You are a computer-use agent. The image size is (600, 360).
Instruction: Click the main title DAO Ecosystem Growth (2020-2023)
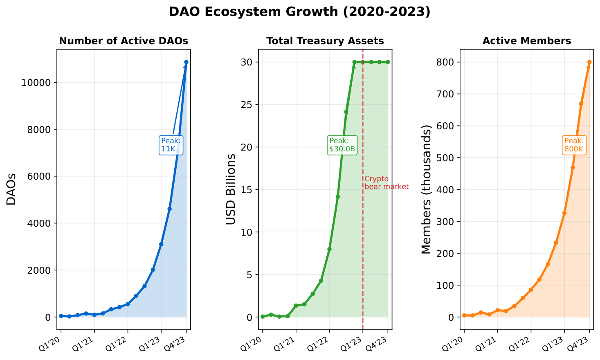(300, 12)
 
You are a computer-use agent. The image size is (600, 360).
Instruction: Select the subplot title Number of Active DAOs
(124, 41)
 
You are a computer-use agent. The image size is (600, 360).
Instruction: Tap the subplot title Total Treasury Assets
(325, 41)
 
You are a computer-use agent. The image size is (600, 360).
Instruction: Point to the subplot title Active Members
(527, 41)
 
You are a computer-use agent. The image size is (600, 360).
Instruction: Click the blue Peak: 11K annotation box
(171, 145)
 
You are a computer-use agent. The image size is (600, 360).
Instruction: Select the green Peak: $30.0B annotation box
(342, 145)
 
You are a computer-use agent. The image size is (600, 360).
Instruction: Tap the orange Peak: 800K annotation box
(574, 145)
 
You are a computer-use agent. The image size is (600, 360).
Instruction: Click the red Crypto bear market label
(386, 183)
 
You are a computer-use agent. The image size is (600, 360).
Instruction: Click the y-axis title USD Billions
(231, 189)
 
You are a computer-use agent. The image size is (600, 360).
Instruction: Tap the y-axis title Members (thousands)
(427, 189)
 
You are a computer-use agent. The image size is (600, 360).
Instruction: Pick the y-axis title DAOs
(11, 189)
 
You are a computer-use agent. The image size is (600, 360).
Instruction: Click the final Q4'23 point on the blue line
(186, 62)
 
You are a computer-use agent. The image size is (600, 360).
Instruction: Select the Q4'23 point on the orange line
(589, 62)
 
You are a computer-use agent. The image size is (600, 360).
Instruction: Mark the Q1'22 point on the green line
(329, 249)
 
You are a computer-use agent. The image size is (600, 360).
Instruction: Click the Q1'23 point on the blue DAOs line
(161, 244)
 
